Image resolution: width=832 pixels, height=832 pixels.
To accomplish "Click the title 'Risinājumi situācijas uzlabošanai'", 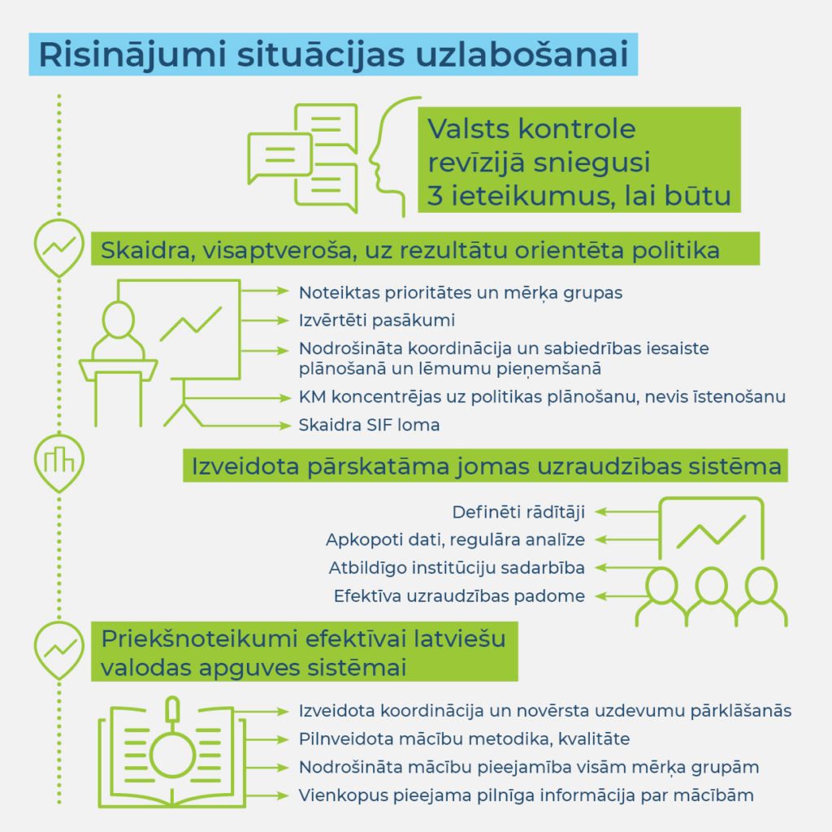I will [333, 55].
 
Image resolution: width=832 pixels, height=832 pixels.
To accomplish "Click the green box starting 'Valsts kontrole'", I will [578, 162].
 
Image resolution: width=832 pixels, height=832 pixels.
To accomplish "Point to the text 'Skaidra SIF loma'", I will [369, 425].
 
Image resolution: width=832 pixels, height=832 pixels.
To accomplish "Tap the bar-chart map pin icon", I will [59, 461].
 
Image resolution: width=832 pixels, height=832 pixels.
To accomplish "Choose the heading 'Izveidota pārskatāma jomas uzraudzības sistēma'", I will [486, 466].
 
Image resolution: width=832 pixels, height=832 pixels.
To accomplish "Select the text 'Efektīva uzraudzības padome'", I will [459, 596].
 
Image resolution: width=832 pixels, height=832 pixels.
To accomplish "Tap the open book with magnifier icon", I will [171, 752].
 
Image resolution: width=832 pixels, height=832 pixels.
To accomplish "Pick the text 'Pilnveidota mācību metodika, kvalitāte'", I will [464, 739].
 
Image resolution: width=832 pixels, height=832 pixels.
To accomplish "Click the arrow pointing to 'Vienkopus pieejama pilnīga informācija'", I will [266, 795].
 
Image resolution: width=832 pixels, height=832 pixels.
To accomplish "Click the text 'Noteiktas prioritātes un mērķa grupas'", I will [461, 292].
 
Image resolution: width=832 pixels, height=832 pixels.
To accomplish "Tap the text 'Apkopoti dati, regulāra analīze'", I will [455, 539].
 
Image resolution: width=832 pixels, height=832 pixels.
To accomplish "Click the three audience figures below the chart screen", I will [712, 597].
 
